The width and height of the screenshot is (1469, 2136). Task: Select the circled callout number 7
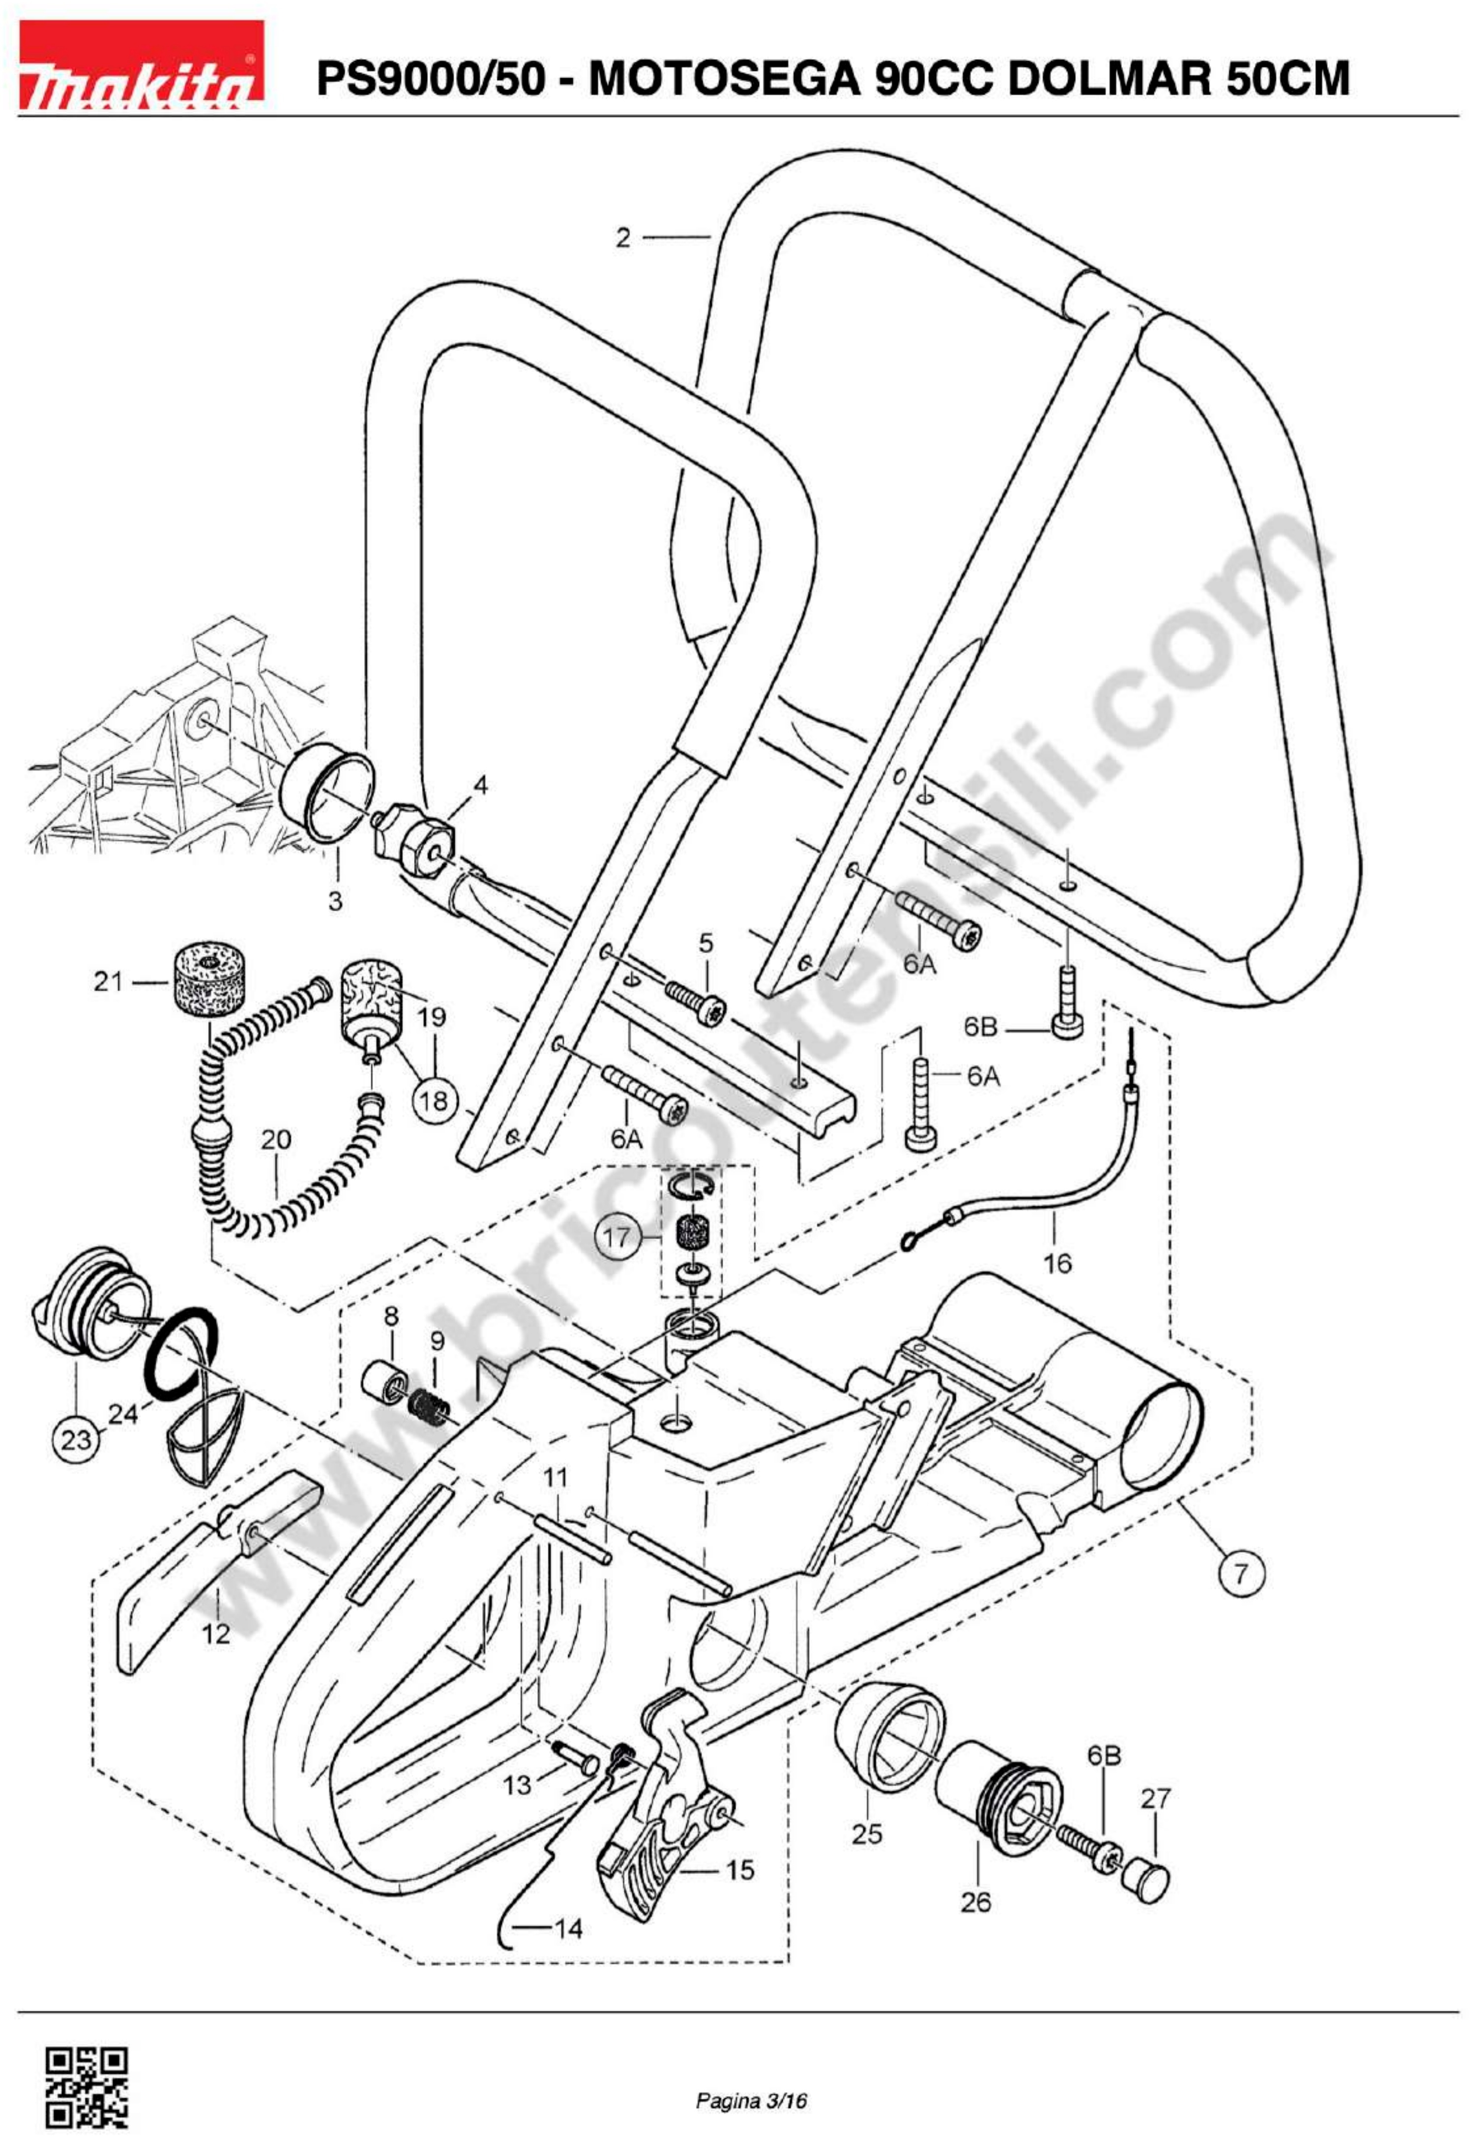coord(1242,1573)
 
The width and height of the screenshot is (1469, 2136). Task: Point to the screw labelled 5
coord(696,1001)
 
